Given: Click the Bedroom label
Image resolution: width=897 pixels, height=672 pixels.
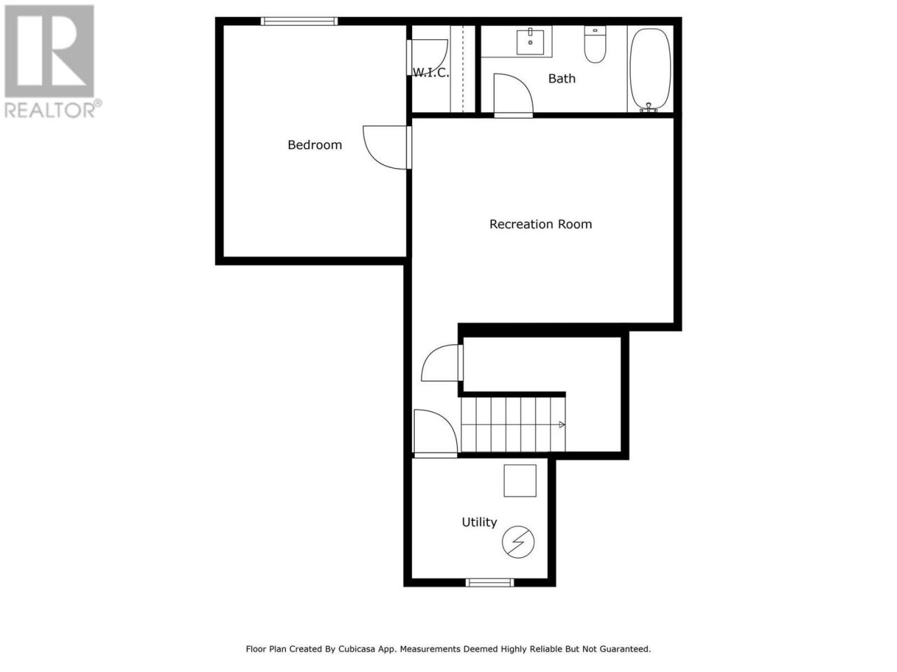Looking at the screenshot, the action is click(314, 145).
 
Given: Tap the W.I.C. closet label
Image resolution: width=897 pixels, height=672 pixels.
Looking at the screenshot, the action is click(431, 73).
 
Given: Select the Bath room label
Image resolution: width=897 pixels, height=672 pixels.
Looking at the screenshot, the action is click(561, 78).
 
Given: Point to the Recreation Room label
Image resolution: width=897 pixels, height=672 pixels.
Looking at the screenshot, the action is click(540, 224).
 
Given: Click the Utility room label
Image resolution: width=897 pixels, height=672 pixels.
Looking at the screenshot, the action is click(479, 522).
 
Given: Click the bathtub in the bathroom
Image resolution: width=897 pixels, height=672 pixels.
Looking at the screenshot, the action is click(650, 69).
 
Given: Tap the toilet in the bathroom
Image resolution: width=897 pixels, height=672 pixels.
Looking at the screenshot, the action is click(594, 44).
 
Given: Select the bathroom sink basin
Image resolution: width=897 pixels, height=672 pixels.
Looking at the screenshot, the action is click(530, 41).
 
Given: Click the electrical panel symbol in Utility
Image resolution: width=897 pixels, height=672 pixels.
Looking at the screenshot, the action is click(518, 542).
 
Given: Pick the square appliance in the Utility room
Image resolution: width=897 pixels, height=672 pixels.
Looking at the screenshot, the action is click(519, 480).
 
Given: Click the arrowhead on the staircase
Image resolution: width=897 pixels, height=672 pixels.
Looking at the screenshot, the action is click(561, 425).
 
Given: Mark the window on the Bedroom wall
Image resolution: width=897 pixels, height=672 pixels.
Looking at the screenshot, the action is click(299, 21).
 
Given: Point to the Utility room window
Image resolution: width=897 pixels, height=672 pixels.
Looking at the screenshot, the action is click(490, 582).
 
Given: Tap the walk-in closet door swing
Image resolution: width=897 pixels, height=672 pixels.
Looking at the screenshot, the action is click(441, 61).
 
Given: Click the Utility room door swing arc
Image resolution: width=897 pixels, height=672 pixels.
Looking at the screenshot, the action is click(446, 422).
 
